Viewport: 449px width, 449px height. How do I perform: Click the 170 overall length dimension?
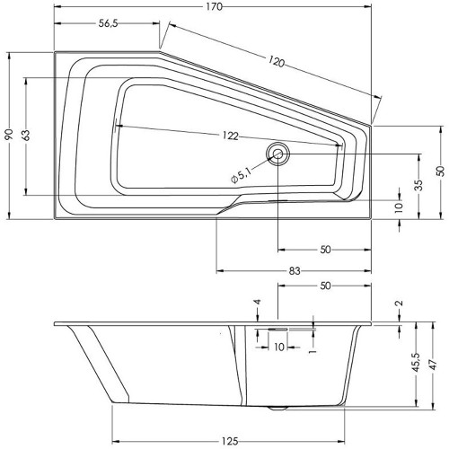215,6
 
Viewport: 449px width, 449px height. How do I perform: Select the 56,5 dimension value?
109,23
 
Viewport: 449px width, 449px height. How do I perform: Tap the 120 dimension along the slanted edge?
276,62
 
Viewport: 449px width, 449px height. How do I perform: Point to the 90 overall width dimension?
9,135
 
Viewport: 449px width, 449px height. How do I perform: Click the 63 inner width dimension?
26,136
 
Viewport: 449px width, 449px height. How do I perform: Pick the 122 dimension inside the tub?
231,136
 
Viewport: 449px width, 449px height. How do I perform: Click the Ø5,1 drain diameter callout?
241,175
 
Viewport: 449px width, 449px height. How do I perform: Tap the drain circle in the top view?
277,154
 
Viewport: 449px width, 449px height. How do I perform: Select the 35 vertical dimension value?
419,185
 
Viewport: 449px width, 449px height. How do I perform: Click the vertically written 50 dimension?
441,171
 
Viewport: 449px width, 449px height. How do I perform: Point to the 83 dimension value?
295,270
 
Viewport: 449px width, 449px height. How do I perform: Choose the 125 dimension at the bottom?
230,441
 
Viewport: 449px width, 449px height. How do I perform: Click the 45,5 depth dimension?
417,363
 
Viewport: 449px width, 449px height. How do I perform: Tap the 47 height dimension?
434,365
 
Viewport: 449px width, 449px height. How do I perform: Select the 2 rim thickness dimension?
400,303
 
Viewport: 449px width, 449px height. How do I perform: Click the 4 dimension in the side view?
258,302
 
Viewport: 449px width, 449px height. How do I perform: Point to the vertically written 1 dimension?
313,350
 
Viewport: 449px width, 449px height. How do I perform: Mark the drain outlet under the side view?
278,408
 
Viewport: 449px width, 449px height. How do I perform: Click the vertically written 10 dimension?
399,207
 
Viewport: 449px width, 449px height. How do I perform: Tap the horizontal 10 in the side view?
279,347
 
